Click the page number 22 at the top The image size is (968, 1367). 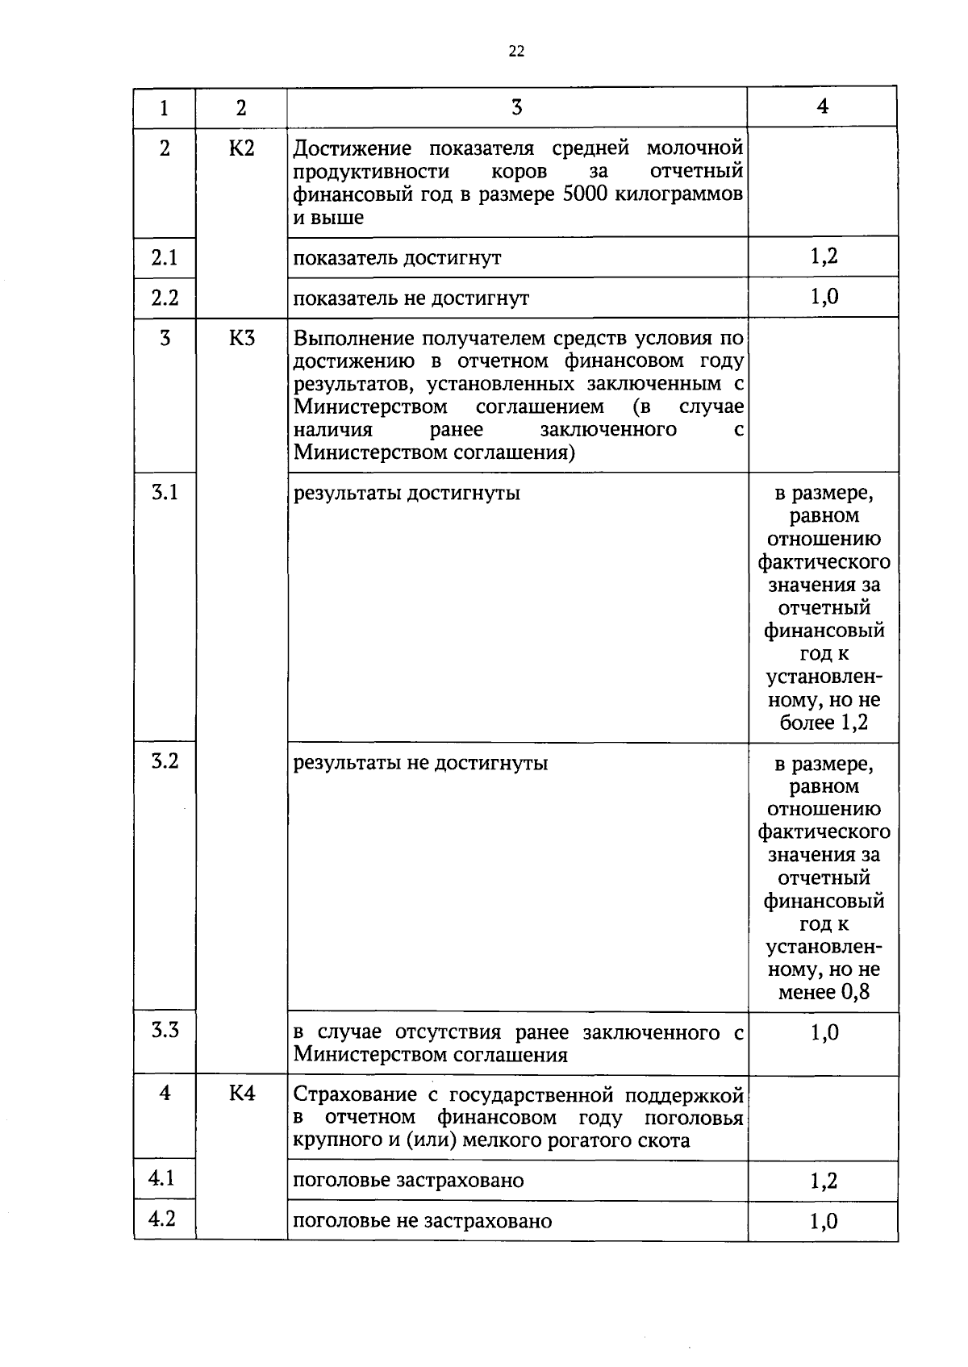click(516, 52)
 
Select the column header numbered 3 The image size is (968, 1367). click(516, 106)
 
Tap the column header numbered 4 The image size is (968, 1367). click(822, 106)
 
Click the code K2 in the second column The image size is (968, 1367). click(241, 148)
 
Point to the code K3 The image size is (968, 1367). click(241, 338)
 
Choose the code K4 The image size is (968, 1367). click(241, 1094)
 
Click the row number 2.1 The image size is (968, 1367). click(165, 257)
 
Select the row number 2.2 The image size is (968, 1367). click(165, 298)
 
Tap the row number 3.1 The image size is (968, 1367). click(165, 492)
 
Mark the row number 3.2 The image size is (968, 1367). click(165, 761)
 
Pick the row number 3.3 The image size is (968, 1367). click(165, 1030)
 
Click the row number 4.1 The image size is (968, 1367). click(162, 1178)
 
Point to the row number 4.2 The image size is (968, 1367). click(162, 1219)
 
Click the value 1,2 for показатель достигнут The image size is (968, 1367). click(824, 256)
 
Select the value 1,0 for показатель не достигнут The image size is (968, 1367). click(824, 297)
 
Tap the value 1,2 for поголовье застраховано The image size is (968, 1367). click(824, 1182)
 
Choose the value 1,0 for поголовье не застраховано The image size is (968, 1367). click(824, 1222)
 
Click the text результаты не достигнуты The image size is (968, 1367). click(420, 762)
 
